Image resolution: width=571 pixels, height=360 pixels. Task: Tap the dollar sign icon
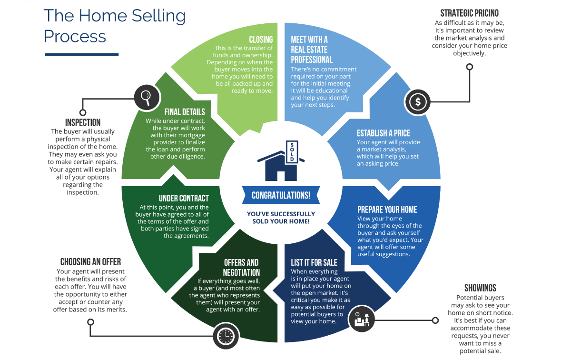417,101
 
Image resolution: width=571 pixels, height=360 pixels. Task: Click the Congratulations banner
281,195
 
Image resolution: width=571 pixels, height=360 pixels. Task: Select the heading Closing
261,40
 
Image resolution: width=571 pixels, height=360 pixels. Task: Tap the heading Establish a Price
383,133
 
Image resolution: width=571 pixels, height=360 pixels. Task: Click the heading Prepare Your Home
387,210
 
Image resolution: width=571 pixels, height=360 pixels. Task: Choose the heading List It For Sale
314,262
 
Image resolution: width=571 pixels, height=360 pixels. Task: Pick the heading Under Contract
184,198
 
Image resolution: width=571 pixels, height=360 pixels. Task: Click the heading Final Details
185,112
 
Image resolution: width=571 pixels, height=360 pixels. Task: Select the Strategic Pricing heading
469,13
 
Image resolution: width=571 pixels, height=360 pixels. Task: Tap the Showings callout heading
480,288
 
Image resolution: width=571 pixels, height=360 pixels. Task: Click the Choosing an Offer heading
90,262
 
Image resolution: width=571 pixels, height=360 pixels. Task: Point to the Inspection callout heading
83,122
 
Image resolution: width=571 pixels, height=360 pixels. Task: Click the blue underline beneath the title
81,54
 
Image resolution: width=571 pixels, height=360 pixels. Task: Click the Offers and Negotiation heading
242,268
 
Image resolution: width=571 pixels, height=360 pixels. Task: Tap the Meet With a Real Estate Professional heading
312,50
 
